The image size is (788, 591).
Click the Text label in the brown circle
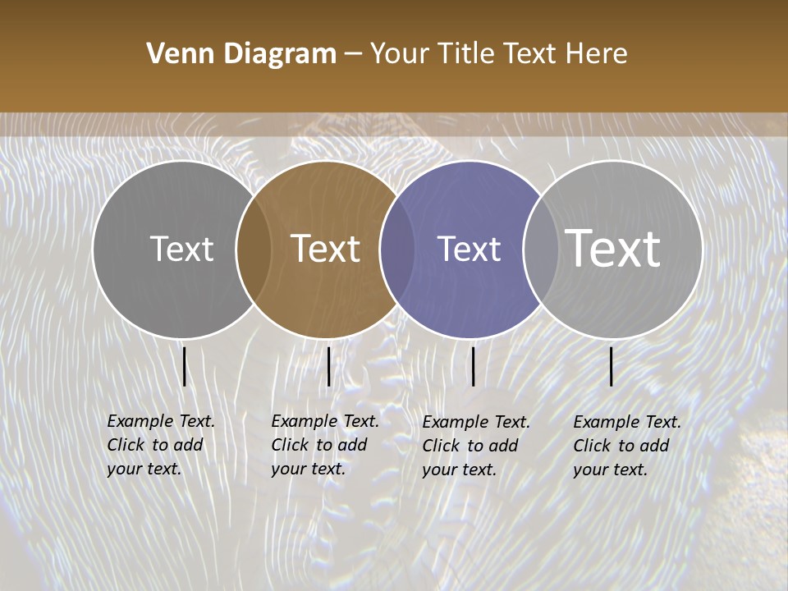[x=326, y=249]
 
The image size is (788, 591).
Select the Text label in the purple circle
[x=469, y=249]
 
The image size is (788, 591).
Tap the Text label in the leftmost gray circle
[x=181, y=249]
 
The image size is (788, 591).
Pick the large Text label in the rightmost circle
[x=613, y=249]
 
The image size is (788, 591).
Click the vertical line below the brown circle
[x=328, y=366]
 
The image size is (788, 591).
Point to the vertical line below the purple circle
[x=473, y=366]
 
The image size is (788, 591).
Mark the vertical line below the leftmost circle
[x=184, y=366]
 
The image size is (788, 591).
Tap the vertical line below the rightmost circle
[x=611, y=366]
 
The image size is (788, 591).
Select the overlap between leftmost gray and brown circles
[x=254, y=249]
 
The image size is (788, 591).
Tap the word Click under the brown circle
[x=291, y=445]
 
